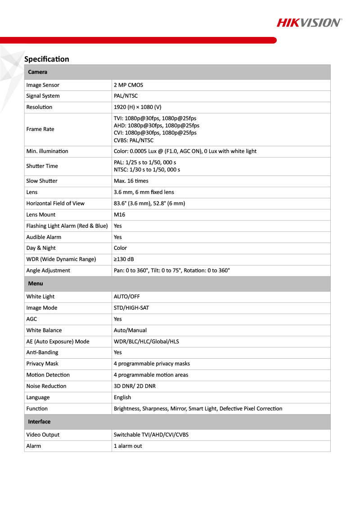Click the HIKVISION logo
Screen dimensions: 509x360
tap(309, 23)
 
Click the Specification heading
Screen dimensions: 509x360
tap(47, 59)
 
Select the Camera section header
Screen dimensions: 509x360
tap(38, 72)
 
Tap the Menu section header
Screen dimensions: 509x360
tap(36, 284)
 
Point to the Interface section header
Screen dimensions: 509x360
tap(39, 422)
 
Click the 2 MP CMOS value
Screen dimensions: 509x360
tap(129, 85)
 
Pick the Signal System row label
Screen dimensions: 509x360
tap(43, 96)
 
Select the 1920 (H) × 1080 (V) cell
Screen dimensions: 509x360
tap(137, 107)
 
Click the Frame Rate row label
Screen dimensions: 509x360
tap(40, 129)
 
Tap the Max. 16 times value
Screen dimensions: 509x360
tap(131, 181)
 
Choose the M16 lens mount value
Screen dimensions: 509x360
tap(119, 215)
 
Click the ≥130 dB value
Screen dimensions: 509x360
tap(124, 259)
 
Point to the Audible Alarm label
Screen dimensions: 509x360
tap(44, 237)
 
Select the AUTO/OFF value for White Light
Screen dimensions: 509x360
tap(127, 297)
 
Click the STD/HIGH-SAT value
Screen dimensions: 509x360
tap(131, 308)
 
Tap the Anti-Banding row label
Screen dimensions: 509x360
tap(42, 352)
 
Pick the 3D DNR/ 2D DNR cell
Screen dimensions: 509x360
tap(135, 386)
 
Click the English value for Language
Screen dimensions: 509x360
tap(122, 397)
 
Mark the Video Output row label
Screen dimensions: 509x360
tap(43, 435)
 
